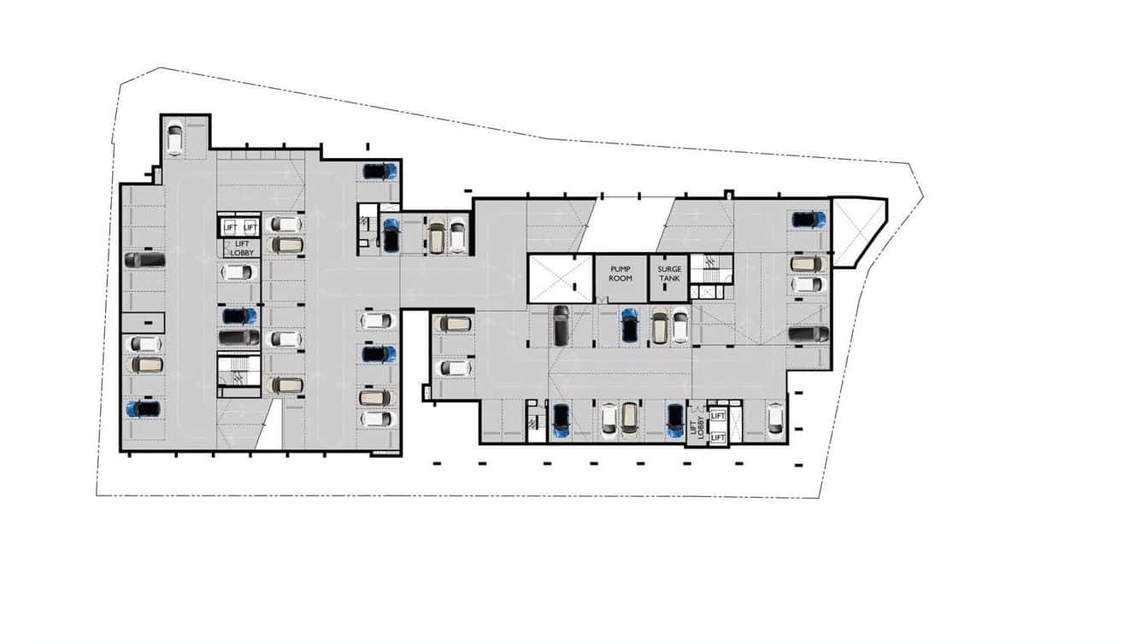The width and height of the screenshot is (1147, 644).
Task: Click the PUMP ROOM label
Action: point(621,273)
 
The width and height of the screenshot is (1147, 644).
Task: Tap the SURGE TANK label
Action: point(669,273)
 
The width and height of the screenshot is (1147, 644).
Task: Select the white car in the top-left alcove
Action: point(175,139)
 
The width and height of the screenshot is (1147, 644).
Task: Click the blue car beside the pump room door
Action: point(630,325)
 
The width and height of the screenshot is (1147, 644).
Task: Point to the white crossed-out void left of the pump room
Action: point(560,278)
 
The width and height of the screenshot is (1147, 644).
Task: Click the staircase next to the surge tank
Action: point(707,269)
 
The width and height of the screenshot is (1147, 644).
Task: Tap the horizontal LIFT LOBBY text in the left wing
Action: point(242,248)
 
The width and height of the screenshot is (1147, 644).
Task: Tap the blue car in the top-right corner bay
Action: point(808,220)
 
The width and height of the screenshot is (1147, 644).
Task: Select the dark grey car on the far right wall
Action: point(808,334)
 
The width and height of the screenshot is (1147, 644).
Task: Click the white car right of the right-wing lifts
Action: point(775,419)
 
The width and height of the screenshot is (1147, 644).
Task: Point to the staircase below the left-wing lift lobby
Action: point(238,372)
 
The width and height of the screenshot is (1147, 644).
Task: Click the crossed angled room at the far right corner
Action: point(857,231)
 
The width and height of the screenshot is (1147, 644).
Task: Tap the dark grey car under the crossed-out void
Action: point(560,325)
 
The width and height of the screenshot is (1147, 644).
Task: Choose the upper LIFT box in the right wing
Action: point(717,416)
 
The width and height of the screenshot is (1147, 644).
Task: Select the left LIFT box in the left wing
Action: point(229,226)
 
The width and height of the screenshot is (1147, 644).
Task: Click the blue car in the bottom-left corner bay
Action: point(144,408)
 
